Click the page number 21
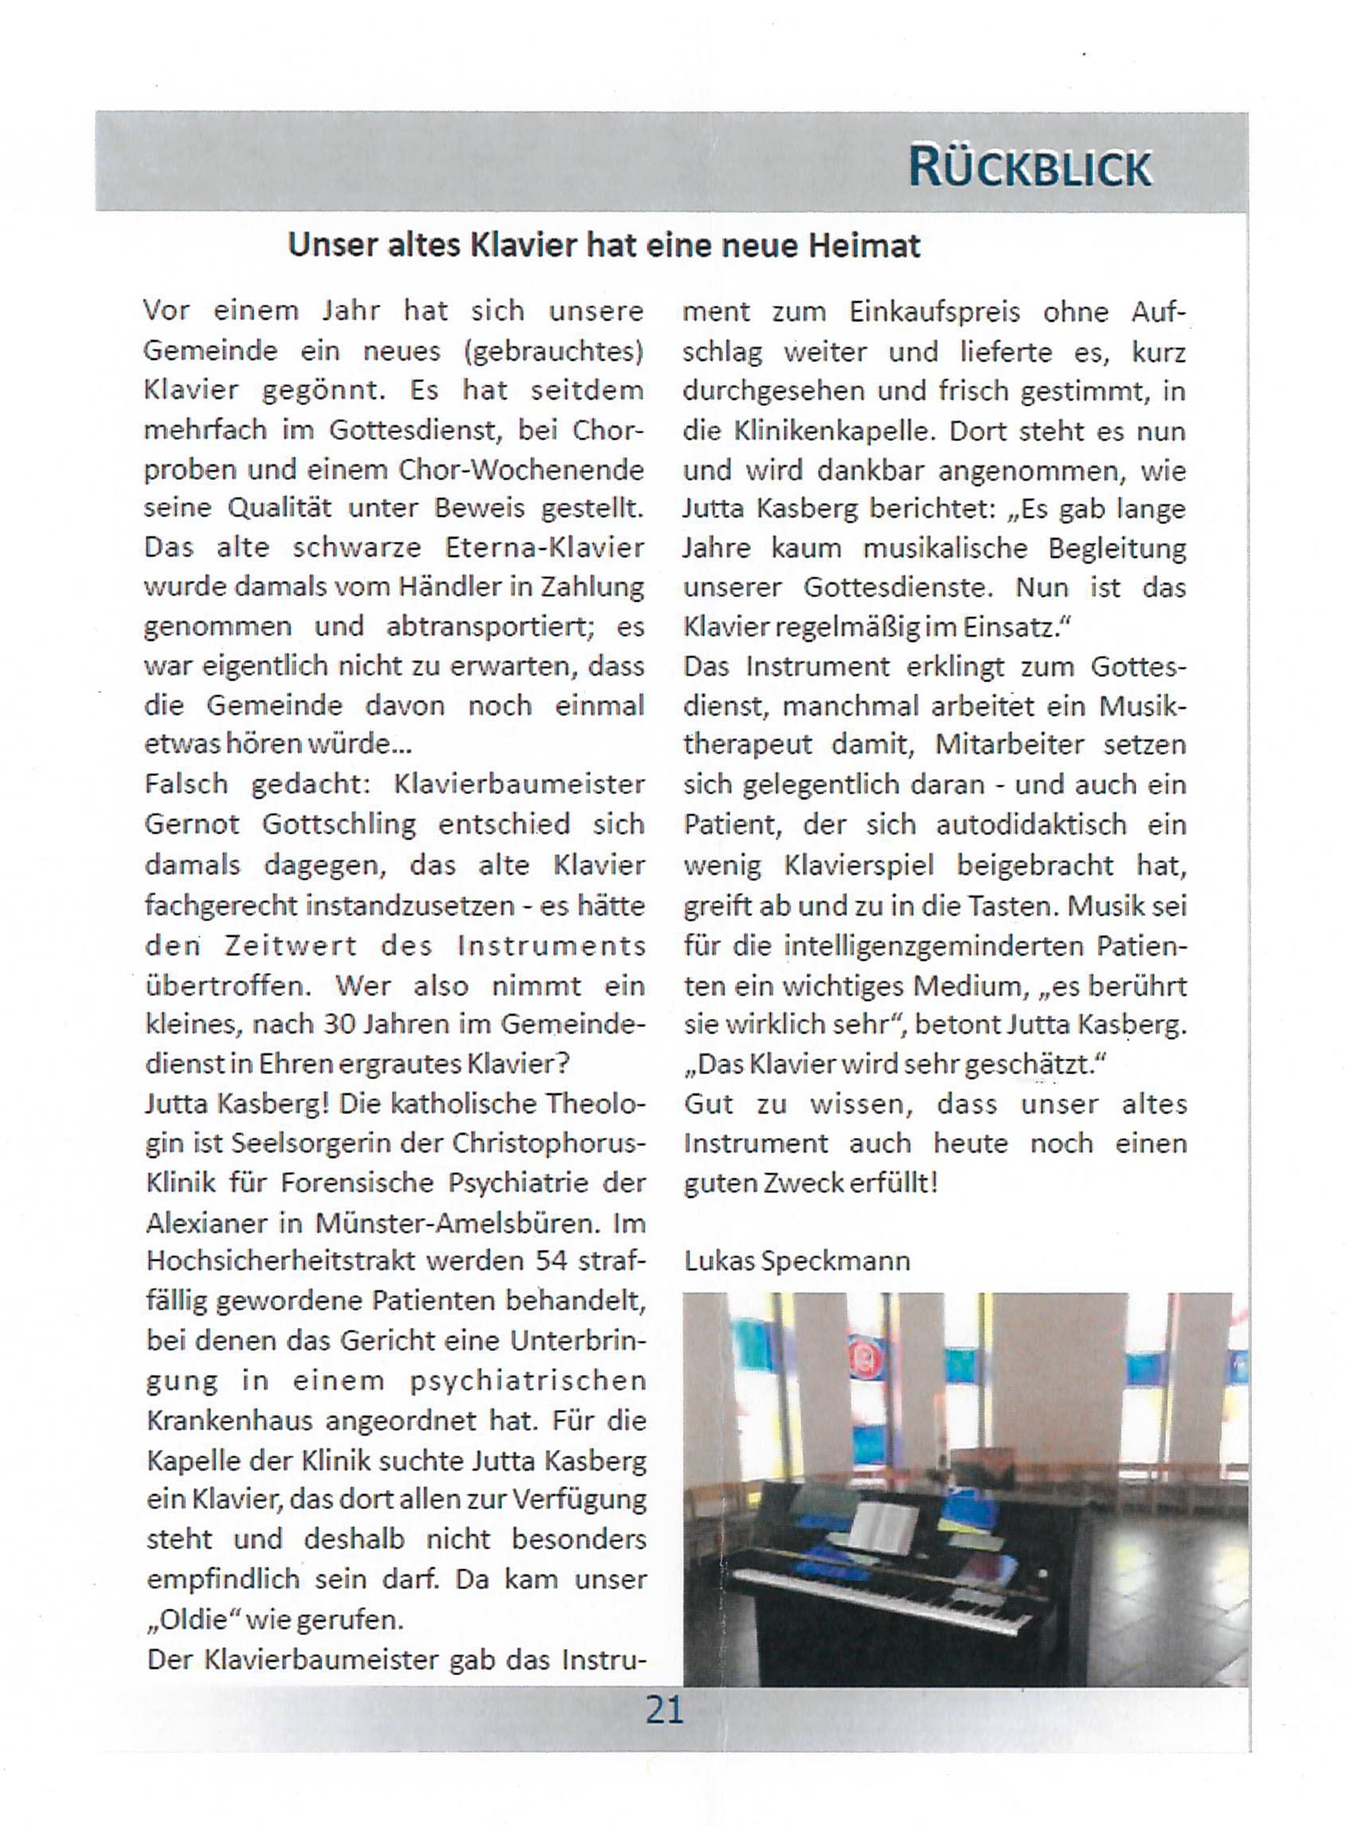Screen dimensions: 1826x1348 tap(664, 1709)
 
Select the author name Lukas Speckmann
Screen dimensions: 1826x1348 tap(797, 1261)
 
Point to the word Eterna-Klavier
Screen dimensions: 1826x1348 tap(544, 547)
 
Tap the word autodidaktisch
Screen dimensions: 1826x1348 tap(1030, 824)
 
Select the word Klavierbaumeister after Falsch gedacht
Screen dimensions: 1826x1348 tap(520, 784)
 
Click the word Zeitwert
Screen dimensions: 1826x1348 tap(291, 946)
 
